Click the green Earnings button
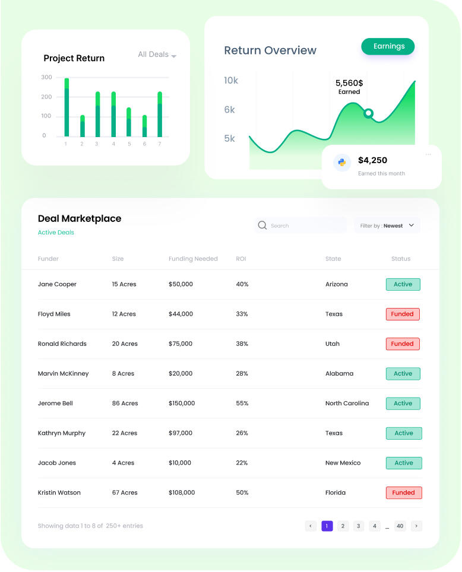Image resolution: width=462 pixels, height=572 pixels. pyautogui.click(x=388, y=46)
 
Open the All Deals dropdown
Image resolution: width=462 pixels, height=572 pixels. pyautogui.click(x=157, y=55)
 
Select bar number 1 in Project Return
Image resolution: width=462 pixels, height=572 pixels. pyautogui.click(x=67, y=107)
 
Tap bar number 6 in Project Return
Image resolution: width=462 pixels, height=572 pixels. pyautogui.click(x=144, y=126)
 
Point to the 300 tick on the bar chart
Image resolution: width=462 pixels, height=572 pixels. pyautogui.click(x=47, y=77)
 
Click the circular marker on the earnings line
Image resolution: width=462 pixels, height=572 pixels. pyautogui.click(x=368, y=113)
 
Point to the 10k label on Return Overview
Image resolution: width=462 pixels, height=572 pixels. pyautogui.click(x=231, y=80)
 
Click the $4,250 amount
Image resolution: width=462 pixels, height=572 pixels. pyautogui.click(x=372, y=160)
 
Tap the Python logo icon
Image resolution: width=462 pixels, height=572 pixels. pyautogui.click(x=342, y=162)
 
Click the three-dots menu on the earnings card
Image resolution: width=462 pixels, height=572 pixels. pyautogui.click(x=428, y=155)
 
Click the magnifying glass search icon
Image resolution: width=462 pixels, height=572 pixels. pyautogui.click(x=262, y=225)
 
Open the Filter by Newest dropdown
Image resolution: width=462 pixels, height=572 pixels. pyautogui.click(x=387, y=225)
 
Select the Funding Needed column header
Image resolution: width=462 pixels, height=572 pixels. pyautogui.click(x=193, y=259)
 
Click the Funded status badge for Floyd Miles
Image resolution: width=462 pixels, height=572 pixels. pyautogui.click(x=403, y=314)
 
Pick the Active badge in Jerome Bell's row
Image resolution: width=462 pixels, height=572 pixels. pyautogui.click(x=403, y=403)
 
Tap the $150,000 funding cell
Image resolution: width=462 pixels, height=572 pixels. pyautogui.click(x=182, y=403)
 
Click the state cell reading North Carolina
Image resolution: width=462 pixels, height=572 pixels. pyautogui.click(x=347, y=403)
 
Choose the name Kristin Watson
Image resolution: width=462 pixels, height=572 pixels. pyautogui.click(x=59, y=492)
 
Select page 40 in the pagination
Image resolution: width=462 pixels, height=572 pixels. pyautogui.click(x=400, y=526)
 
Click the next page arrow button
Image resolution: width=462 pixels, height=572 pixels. pyautogui.click(x=416, y=526)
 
